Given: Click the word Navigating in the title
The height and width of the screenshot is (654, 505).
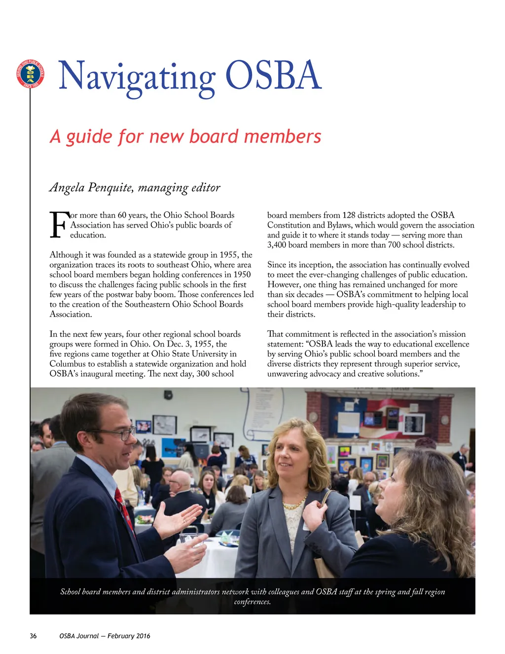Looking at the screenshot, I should (x=137, y=77).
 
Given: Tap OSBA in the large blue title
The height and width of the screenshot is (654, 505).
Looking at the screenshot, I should (x=273, y=75).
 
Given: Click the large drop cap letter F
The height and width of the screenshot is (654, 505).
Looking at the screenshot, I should (x=59, y=225).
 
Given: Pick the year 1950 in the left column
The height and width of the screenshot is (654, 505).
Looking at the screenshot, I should (x=241, y=274).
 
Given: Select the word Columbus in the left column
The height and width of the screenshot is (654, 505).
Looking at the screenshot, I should (x=68, y=364).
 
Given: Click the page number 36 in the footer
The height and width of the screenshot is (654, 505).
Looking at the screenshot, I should (x=33, y=636).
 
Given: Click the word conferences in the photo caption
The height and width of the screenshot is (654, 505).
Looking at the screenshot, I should (x=252, y=602).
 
